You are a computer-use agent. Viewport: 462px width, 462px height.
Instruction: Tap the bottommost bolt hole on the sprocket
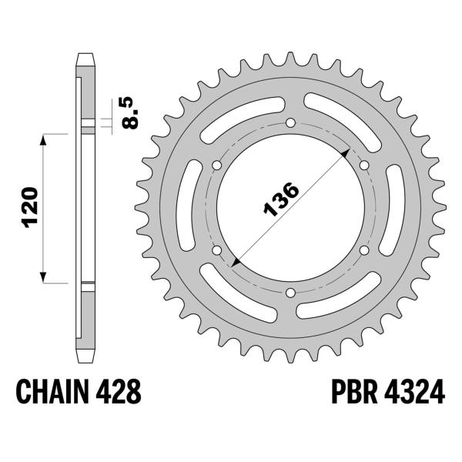click(290, 292)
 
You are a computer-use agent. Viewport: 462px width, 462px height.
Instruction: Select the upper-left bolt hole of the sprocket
click(218, 166)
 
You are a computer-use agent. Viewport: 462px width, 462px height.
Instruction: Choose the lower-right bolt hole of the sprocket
click(363, 250)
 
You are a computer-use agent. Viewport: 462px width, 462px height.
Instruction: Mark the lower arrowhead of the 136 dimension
click(235, 264)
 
